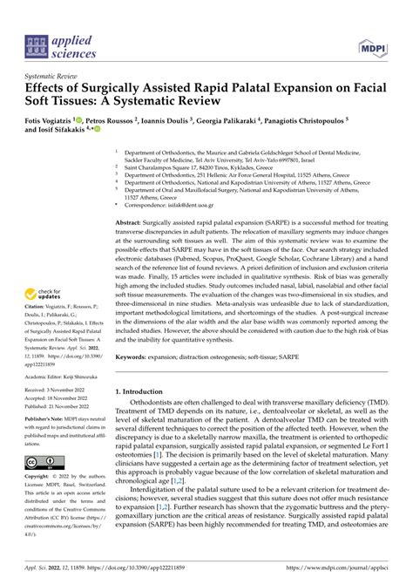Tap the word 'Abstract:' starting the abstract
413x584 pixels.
pos(132,224)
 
